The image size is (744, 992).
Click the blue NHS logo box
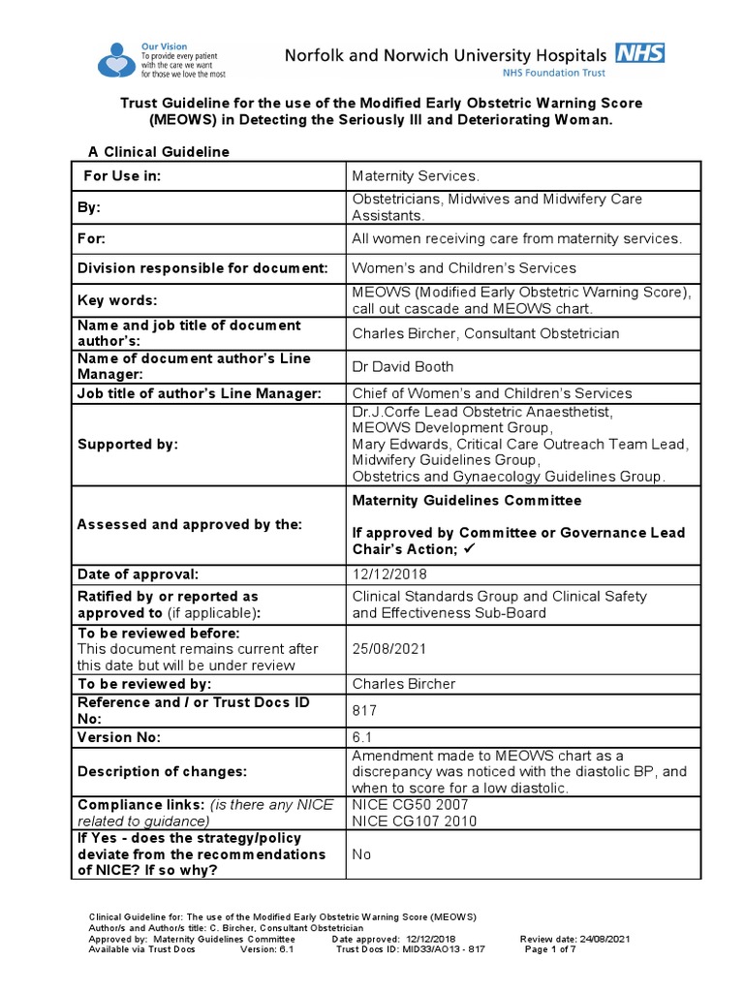[x=641, y=53]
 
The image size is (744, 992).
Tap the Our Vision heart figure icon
[x=117, y=59]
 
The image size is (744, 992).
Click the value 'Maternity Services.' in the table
[x=416, y=175]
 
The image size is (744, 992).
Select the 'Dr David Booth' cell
[x=402, y=366]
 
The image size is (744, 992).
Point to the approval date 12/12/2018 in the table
[x=389, y=574]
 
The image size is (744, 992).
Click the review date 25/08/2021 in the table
[x=389, y=649]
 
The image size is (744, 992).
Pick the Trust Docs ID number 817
[x=364, y=710]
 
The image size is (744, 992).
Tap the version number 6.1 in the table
[x=360, y=737]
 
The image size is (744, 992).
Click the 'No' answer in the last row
[x=361, y=854]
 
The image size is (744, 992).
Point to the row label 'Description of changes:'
[x=162, y=771]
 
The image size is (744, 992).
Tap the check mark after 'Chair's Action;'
[x=469, y=549]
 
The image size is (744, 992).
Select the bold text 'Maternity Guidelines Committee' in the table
[x=467, y=501]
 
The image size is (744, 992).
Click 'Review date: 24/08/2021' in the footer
[x=575, y=939]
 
